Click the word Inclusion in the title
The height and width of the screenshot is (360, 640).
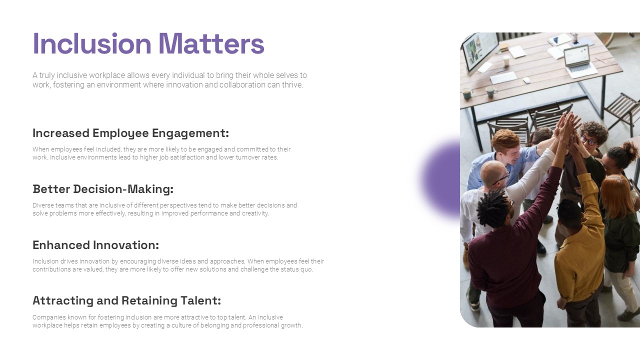[x=91, y=43]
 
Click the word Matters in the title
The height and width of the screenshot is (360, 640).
[x=211, y=43]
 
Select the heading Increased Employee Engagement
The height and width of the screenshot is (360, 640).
[x=130, y=133]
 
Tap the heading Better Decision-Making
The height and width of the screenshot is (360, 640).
[x=103, y=189]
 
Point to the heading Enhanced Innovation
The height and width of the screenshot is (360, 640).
[x=95, y=245]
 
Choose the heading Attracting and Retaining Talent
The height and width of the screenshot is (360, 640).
[x=126, y=300]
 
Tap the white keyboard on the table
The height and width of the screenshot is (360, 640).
[x=503, y=77]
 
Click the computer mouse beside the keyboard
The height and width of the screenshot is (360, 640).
[x=526, y=80]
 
